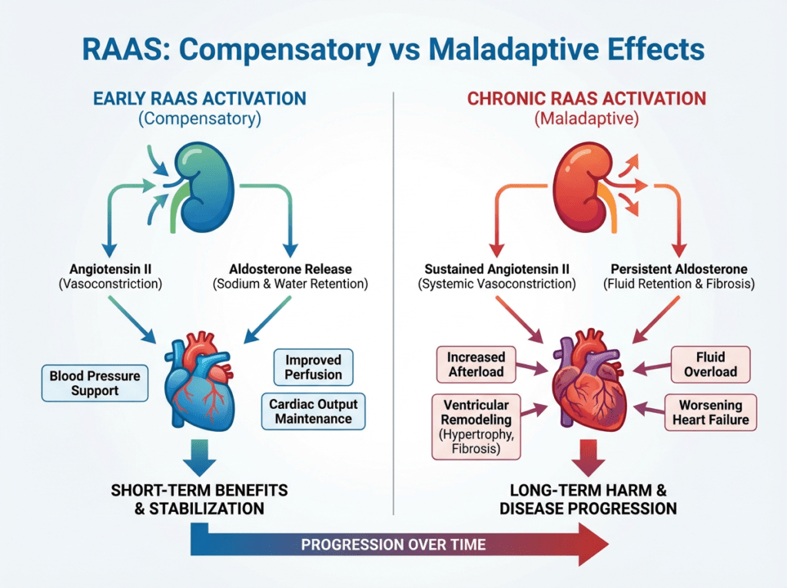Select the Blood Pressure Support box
coord(95,383)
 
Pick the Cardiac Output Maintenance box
coord(313,411)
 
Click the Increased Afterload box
coord(476,364)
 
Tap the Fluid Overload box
coord(712,364)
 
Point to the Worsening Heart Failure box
coord(712,412)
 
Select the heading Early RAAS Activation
coord(199,98)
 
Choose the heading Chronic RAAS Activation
coord(586,98)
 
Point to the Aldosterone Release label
coord(291,269)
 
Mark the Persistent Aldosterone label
coord(679,269)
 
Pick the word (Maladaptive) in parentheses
coord(586,119)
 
